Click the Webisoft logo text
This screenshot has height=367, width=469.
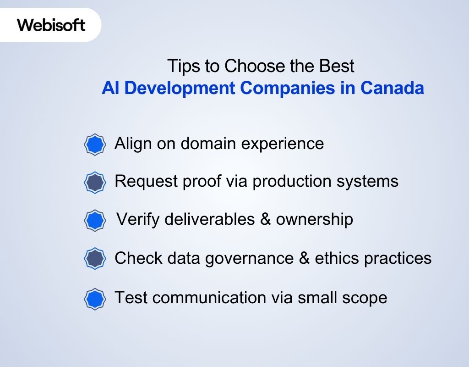point(51,25)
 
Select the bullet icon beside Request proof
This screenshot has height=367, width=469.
point(95,183)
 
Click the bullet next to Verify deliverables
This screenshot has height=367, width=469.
point(95,221)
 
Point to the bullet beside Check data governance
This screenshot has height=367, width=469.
point(95,259)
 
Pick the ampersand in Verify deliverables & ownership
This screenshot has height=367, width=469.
point(265,219)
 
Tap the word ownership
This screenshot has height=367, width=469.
point(314,220)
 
